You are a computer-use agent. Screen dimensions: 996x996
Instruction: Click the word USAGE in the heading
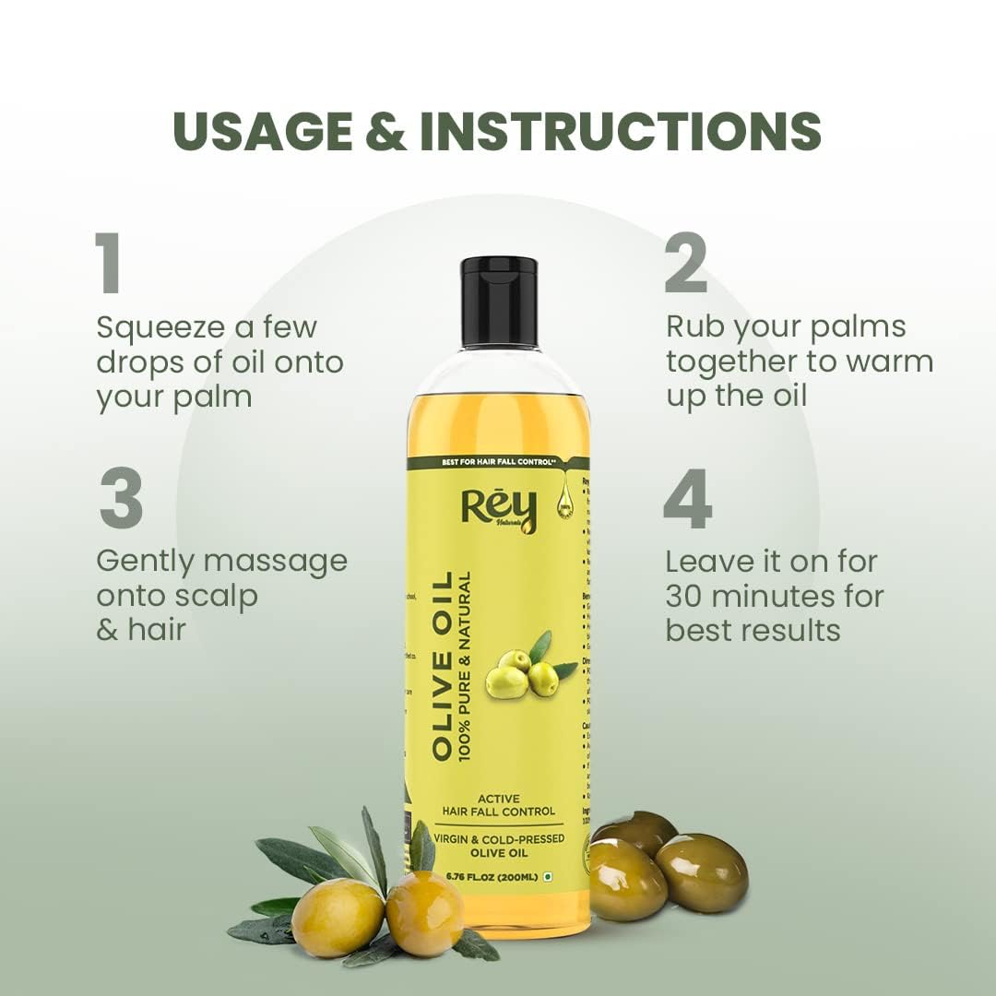(x=262, y=131)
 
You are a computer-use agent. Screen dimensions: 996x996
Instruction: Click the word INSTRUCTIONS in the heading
(x=620, y=131)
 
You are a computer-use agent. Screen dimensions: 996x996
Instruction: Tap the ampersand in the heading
(x=385, y=131)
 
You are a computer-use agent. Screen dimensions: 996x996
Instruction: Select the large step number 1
(x=108, y=264)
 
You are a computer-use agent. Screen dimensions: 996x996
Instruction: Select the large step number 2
(x=686, y=264)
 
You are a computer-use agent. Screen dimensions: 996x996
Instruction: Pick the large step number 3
(x=121, y=500)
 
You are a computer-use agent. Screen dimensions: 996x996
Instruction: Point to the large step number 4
(x=688, y=500)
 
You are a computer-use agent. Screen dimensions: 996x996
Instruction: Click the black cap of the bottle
(x=499, y=302)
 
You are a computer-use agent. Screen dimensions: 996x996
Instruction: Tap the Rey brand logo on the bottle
(x=498, y=510)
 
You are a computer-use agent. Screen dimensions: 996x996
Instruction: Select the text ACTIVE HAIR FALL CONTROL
(x=498, y=805)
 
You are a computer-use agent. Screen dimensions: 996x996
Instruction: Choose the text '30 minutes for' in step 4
(x=775, y=596)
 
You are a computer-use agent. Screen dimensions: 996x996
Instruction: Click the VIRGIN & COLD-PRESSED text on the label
(x=498, y=839)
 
